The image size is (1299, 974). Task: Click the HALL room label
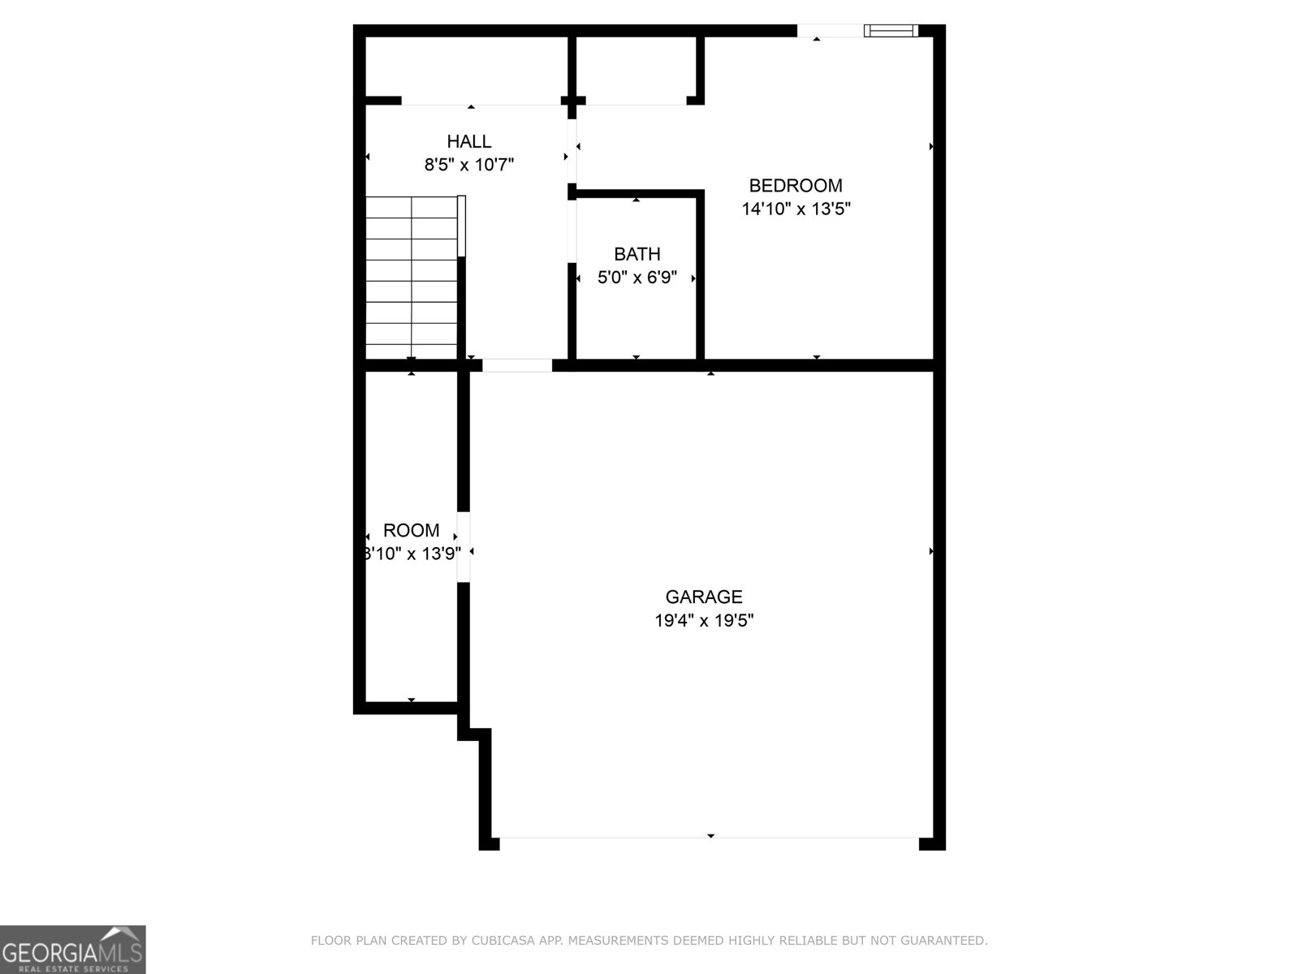(x=469, y=141)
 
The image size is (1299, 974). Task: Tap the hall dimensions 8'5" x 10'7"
(x=469, y=165)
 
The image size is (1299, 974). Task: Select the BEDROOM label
(x=796, y=185)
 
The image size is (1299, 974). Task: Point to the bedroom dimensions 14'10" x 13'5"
(x=796, y=209)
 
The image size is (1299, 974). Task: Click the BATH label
(x=637, y=254)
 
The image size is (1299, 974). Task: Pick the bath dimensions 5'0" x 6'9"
(x=637, y=278)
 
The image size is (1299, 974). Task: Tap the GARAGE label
(x=704, y=597)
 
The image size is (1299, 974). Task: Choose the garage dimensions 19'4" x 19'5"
(x=704, y=621)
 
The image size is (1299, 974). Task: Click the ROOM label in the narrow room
(x=412, y=531)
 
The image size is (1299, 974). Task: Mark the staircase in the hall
(x=412, y=278)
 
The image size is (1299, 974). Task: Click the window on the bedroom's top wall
(x=891, y=31)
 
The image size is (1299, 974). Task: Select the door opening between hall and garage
(x=517, y=365)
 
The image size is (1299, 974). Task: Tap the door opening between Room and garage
(x=464, y=547)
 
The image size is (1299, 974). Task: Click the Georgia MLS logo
(x=73, y=949)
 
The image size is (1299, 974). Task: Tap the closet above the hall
(x=465, y=70)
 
